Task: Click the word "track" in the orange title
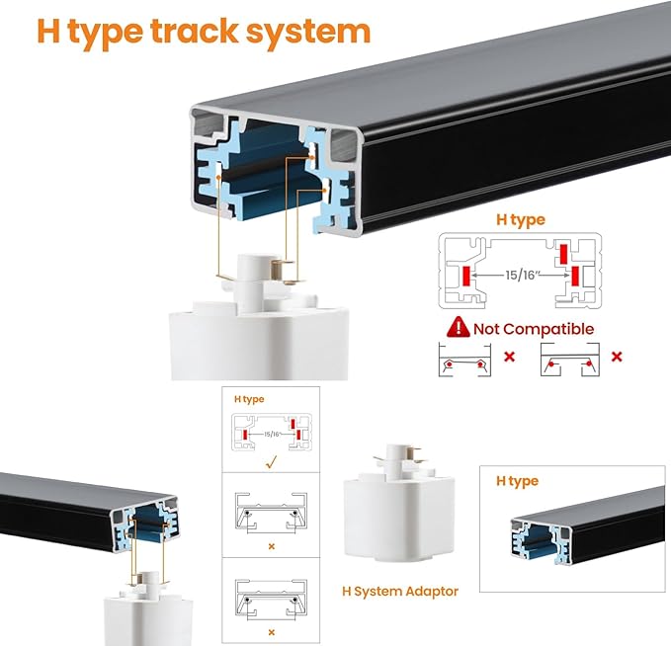(195, 32)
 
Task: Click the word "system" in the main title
(308, 32)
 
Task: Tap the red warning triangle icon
(458, 327)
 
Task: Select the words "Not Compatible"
(534, 329)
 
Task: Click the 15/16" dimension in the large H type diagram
(521, 275)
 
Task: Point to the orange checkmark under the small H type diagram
(272, 462)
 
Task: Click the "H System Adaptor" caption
(400, 592)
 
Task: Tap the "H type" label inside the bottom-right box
(517, 481)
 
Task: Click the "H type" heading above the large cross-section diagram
(521, 220)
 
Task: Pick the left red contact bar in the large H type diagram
(466, 276)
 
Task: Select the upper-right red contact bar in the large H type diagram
(563, 255)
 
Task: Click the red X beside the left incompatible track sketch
(509, 357)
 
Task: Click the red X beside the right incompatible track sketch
(617, 357)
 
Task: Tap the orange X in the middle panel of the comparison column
(272, 546)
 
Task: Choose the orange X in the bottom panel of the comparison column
(272, 632)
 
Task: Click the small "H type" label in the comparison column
(249, 399)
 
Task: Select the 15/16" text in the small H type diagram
(272, 435)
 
